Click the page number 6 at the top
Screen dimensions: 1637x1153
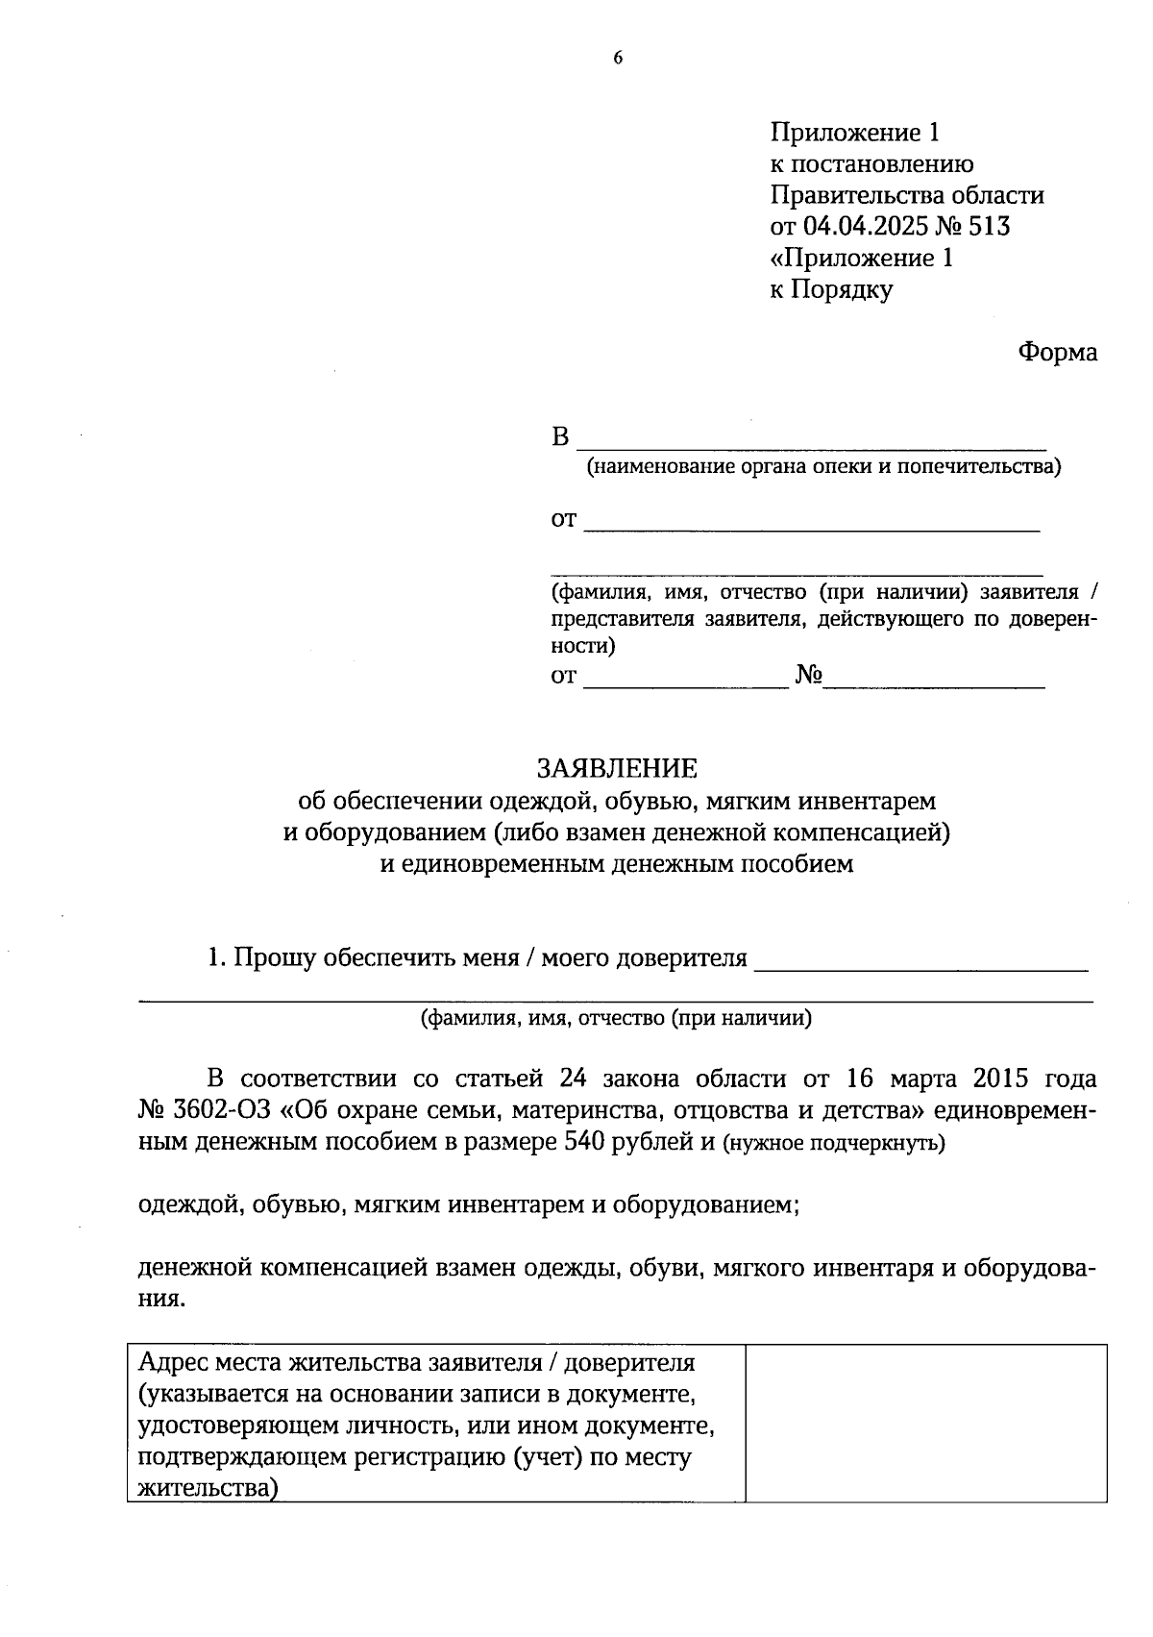(x=618, y=59)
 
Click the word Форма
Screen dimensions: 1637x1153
(x=1058, y=353)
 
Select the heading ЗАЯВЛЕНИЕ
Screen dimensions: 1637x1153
(x=617, y=768)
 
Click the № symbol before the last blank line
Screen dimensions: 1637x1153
(x=808, y=676)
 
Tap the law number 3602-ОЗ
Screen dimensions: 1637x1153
(x=222, y=1111)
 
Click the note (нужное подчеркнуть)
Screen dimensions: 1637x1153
(x=834, y=1144)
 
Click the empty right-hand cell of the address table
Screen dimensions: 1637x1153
(x=925, y=1423)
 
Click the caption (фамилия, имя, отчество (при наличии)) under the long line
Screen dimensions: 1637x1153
(x=616, y=1019)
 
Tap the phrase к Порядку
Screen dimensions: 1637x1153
(x=831, y=289)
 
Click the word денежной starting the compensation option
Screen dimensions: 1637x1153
(x=193, y=1269)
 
